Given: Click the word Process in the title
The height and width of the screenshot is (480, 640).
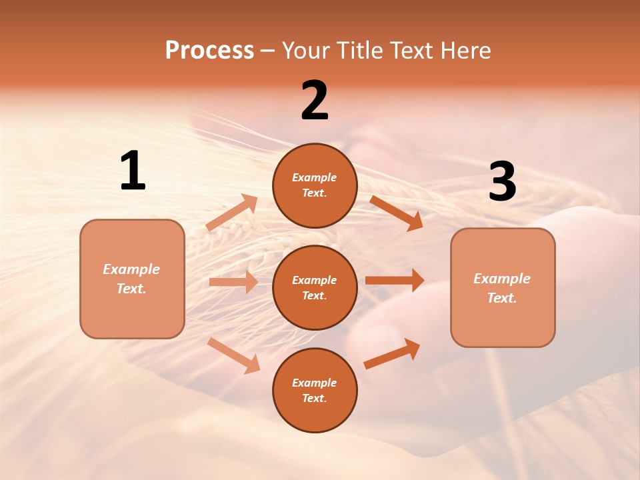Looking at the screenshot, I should click(209, 51).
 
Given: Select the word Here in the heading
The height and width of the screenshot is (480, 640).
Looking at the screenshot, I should click(465, 51).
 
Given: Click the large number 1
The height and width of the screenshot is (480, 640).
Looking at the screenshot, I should click(133, 171).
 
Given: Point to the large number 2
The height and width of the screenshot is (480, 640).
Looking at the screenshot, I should click(315, 101).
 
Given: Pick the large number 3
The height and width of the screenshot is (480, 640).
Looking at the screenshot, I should click(502, 182).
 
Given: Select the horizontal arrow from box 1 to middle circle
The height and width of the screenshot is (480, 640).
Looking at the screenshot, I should click(233, 282).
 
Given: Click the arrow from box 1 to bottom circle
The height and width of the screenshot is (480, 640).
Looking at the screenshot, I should click(234, 355).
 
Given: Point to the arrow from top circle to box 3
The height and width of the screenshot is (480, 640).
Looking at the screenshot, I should click(397, 213).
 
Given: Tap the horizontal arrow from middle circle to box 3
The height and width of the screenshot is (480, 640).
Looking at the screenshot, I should click(395, 281).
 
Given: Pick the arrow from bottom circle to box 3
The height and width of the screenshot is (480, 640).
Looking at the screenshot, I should click(393, 353).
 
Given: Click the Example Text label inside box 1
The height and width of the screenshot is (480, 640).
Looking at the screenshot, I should click(131, 279).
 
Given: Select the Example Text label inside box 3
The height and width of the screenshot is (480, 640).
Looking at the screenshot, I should click(502, 288).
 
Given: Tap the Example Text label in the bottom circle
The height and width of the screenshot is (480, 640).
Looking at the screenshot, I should click(315, 391).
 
